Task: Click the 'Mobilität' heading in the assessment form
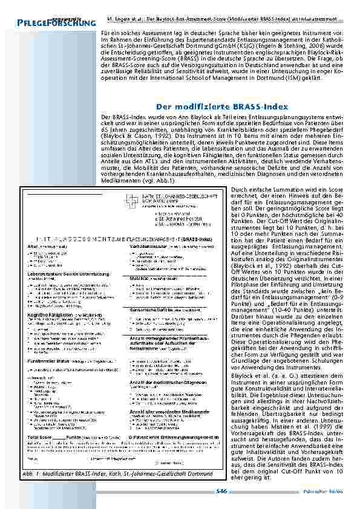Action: (x=140, y=279)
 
